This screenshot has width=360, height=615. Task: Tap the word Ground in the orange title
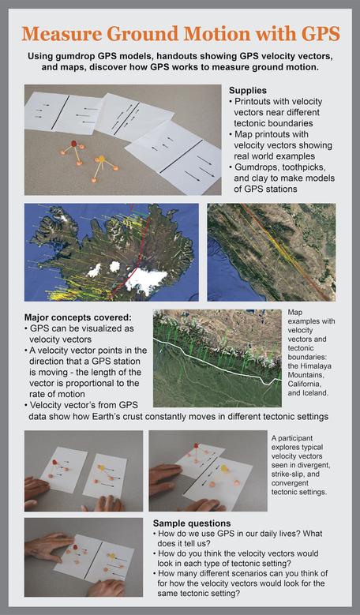click(164, 34)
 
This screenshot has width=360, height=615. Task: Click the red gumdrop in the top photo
click(74, 144)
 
